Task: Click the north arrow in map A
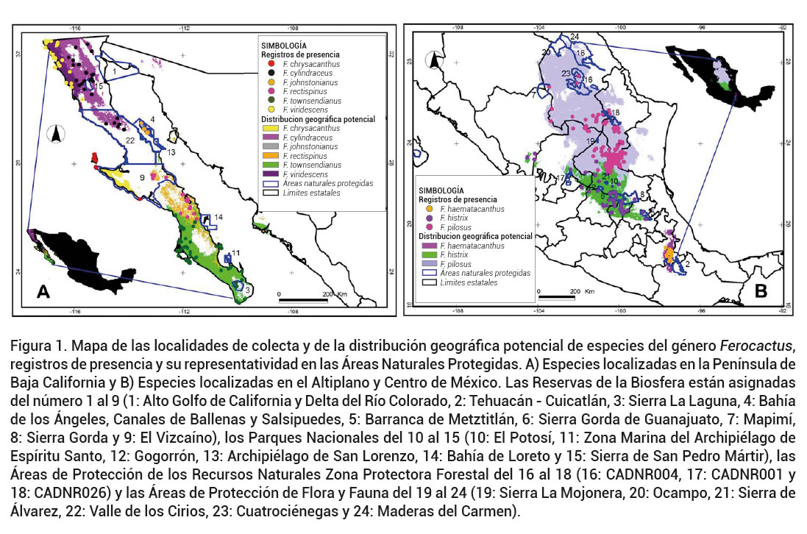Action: tap(57, 134)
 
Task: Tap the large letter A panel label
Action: tap(43, 292)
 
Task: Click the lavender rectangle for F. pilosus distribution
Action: tap(430, 263)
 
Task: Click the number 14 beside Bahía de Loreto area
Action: tap(218, 217)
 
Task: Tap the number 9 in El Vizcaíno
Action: tap(141, 177)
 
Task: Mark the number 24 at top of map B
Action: tap(575, 36)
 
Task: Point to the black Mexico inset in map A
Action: tap(64, 265)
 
